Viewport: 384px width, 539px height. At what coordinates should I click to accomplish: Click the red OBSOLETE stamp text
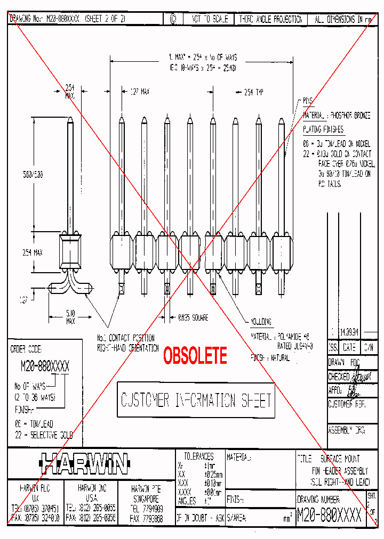click(x=195, y=356)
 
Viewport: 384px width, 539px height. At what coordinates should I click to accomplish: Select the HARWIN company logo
click(x=84, y=464)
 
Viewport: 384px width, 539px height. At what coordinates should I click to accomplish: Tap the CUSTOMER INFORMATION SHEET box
click(x=196, y=400)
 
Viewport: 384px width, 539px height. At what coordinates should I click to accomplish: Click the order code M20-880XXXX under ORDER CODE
click(x=44, y=366)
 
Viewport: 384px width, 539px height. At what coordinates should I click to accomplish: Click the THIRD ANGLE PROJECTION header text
click(x=270, y=19)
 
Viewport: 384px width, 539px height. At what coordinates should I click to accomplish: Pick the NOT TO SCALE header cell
click(x=210, y=19)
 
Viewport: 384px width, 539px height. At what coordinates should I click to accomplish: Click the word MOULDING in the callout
click(x=261, y=322)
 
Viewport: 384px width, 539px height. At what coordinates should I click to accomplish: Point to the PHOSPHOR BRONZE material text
click(x=349, y=115)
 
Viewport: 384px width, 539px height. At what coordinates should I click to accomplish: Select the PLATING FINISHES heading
click(x=323, y=129)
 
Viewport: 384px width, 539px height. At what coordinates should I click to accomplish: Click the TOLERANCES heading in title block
click(x=198, y=456)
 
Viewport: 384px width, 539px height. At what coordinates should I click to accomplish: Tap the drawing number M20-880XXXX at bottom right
click(x=329, y=515)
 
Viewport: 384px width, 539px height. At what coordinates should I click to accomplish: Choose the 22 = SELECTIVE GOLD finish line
click(x=43, y=435)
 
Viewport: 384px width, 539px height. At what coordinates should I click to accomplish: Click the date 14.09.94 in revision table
click(x=349, y=331)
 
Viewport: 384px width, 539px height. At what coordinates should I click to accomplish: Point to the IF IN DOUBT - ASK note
click(x=199, y=517)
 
